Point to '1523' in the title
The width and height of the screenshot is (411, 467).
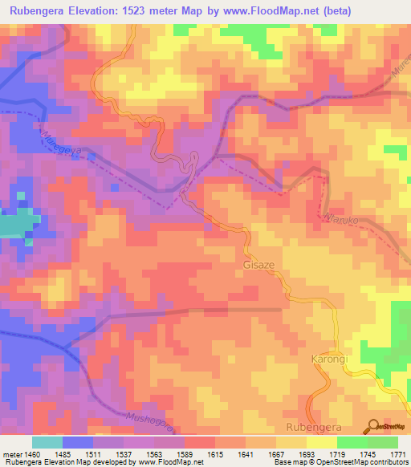(152, 10)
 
